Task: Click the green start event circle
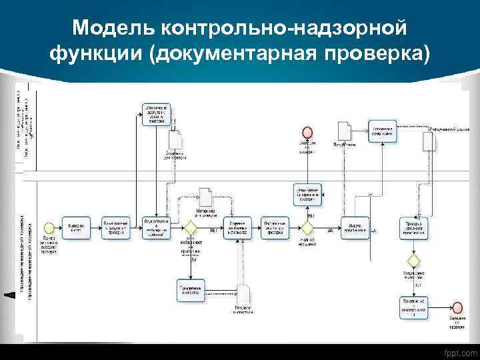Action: [49, 227]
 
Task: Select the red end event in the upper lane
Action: [307, 131]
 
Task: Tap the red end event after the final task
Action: [457, 307]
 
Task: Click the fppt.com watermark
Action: [459, 351]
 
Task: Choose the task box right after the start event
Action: [75, 227]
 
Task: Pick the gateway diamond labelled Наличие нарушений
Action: [308, 228]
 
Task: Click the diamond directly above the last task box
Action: [413, 259]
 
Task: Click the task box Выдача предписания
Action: [355, 227]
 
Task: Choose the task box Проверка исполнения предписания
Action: [413, 227]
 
